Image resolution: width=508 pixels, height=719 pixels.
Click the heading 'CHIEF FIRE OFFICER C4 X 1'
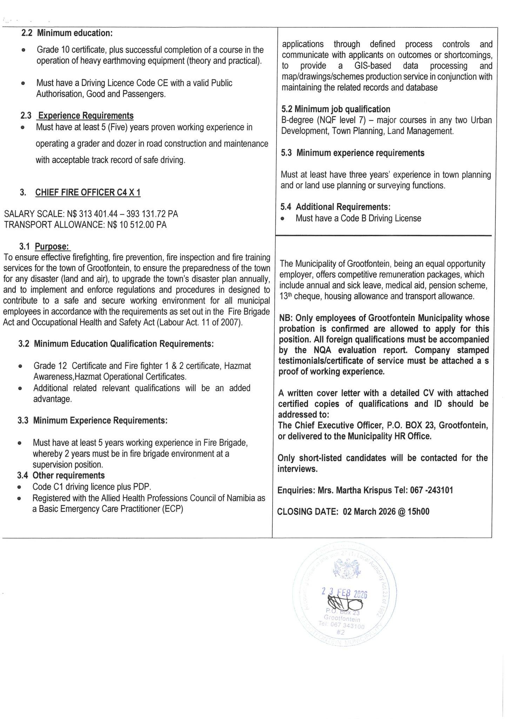point(88,192)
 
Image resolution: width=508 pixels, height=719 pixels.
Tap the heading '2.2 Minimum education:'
point(67,33)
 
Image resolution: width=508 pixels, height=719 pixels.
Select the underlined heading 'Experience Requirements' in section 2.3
point(86,116)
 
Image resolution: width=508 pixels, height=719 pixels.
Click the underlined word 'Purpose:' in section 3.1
point(52,246)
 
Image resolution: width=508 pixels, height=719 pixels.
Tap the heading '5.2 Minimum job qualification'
point(336,109)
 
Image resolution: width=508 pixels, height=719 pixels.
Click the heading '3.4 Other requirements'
point(61,475)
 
